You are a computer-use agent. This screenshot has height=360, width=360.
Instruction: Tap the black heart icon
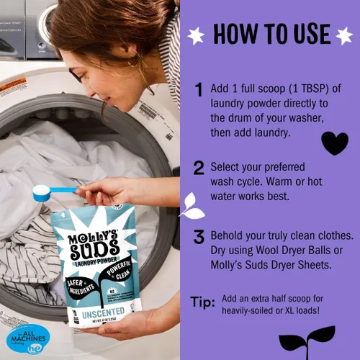click(x=334, y=143)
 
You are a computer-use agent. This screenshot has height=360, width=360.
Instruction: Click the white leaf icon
click(x=192, y=206)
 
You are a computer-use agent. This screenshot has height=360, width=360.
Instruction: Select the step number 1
click(x=199, y=90)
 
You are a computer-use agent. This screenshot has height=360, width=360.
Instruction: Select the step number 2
click(x=199, y=167)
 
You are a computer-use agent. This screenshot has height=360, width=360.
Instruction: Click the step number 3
click(x=199, y=238)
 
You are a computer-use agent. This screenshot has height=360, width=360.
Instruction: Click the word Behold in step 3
click(x=230, y=236)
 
